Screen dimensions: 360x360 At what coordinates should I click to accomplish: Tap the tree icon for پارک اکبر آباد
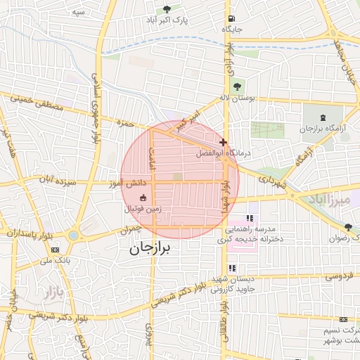click(x=166, y=9)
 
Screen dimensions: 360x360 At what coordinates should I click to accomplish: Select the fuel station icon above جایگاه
click(x=231, y=18)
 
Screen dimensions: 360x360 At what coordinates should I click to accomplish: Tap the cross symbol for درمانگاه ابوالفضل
click(x=223, y=142)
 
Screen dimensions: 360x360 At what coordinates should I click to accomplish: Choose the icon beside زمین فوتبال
click(x=143, y=198)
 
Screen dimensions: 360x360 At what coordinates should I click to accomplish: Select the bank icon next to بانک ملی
click(x=56, y=249)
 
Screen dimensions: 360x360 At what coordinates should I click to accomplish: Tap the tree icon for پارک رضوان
click(x=348, y=226)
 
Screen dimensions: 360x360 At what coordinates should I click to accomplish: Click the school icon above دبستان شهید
click(x=232, y=268)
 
